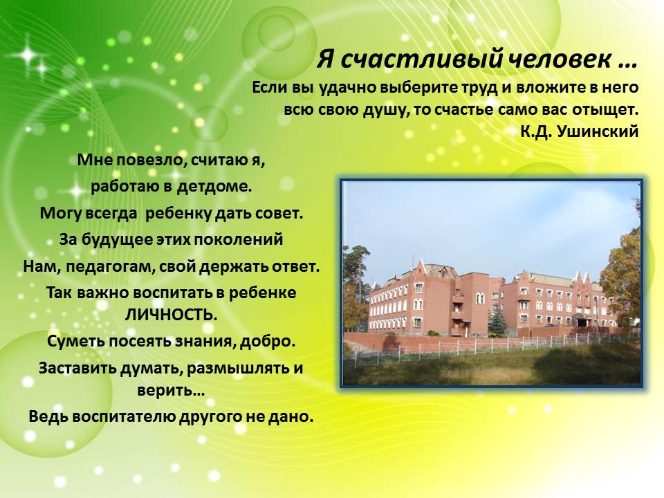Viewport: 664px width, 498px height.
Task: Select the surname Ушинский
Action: [598, 131]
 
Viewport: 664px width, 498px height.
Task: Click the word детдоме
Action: [214, 186]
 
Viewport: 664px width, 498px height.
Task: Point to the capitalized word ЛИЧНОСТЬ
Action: [171, 315]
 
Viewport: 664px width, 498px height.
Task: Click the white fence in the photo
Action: [491, 347]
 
